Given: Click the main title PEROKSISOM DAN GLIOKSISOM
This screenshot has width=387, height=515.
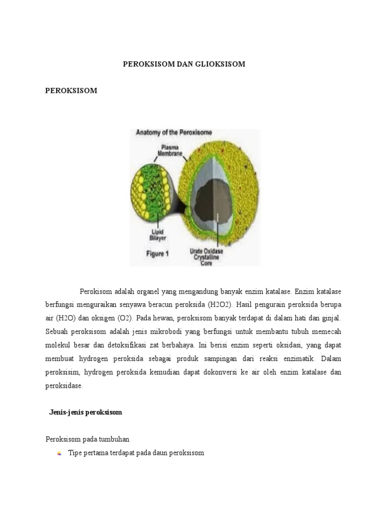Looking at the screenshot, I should (x=184, y=64).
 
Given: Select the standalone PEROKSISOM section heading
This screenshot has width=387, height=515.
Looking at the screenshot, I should (x=71, y=91).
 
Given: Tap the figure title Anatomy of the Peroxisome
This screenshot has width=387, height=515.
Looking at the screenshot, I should (x=174, y=133).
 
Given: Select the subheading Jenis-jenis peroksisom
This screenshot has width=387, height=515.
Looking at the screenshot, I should (x=86, y=412).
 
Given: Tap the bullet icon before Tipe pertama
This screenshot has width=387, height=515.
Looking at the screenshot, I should (x=59, y=453).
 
